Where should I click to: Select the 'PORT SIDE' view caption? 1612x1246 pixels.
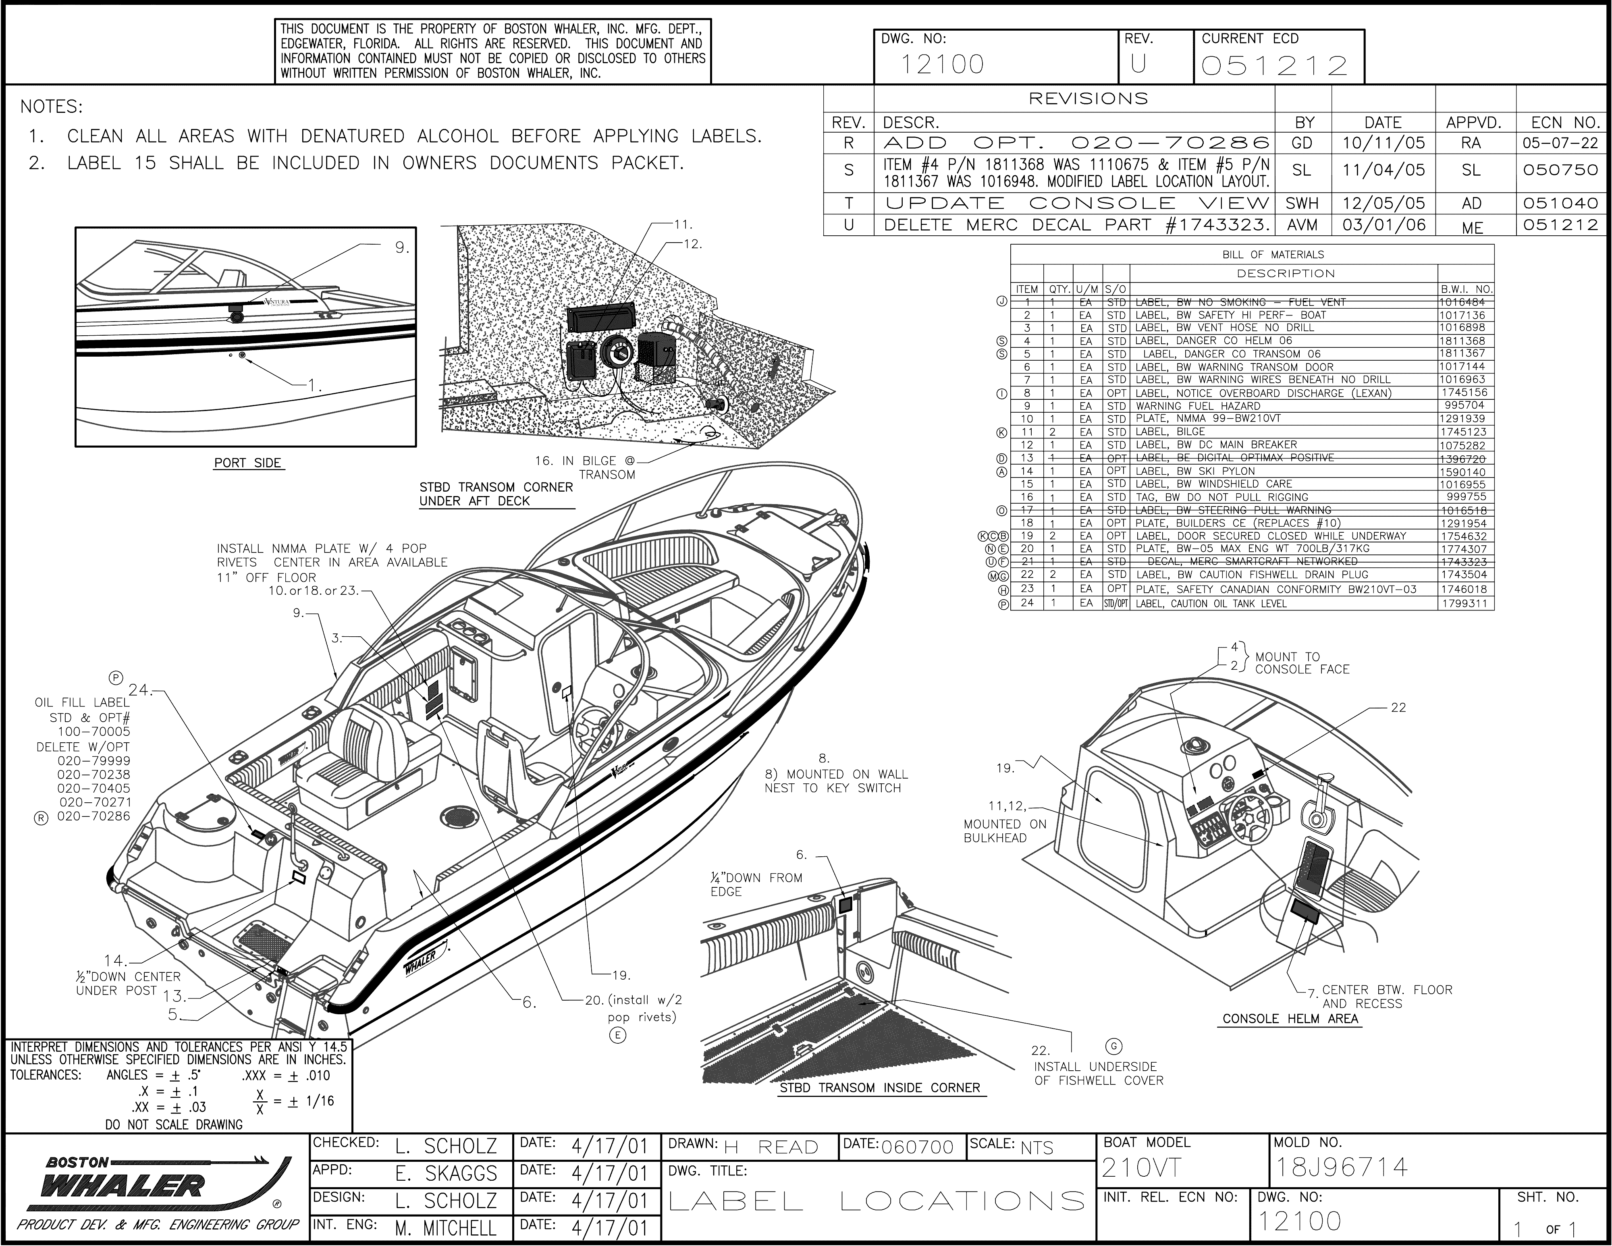248,463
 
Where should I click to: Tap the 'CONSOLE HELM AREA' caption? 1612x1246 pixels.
1290,1019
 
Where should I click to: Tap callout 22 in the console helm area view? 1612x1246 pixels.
1398,707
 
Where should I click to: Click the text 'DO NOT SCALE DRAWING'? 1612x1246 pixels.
174,1124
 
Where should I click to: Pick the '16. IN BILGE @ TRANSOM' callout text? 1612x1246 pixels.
585,467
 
